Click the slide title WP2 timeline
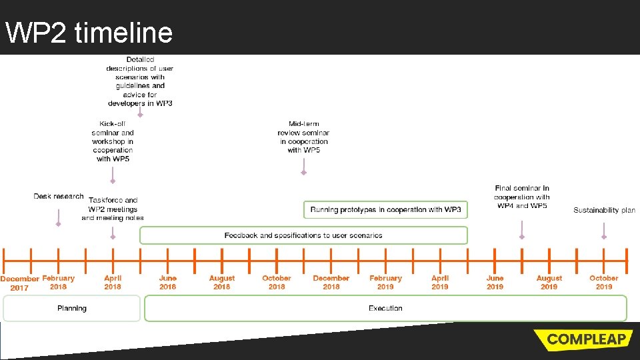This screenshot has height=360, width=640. click(89, 31)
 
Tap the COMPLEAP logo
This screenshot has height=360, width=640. click(584, 339)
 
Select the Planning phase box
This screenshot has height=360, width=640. click(72, 308)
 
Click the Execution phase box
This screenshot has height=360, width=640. click(385, 308)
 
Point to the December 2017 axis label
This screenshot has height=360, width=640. click(19, 283)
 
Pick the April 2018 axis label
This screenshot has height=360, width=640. click(113, 282)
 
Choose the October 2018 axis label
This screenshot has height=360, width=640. click(277, 282)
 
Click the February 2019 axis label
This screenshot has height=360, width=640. click(385, 282)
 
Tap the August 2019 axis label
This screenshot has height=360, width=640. click(549, 282)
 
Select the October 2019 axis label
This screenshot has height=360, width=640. click(604, 282)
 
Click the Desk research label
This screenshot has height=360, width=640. click(59, 196)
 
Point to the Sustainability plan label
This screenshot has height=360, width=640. click(604, 210)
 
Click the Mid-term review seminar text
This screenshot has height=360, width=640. click(303, 137)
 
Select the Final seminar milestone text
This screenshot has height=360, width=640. click(522, 197)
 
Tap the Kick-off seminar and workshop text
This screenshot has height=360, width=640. click(113, 141)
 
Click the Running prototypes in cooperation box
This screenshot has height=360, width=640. click(385, 209)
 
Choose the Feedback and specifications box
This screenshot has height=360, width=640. click(303, 235)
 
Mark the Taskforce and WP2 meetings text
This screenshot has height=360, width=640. click(113, 209)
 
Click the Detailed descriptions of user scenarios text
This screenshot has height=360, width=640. click(140, 81)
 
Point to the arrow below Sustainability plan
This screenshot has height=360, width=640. click(604, 230)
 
